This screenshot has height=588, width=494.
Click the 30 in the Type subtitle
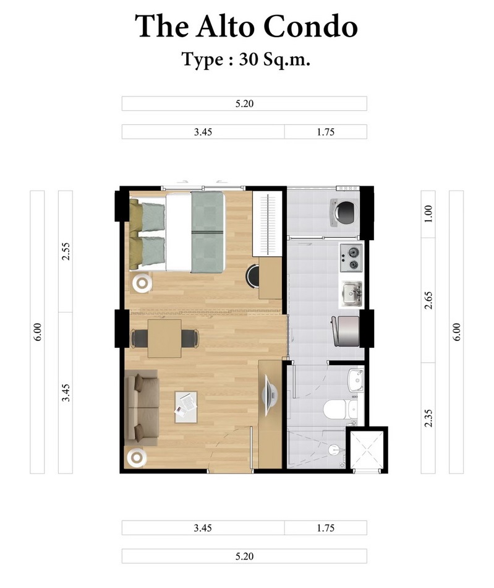tap(248, 59)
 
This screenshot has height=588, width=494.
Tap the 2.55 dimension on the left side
tap(66, 252)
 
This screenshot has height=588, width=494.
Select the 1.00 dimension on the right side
tap(428, 214)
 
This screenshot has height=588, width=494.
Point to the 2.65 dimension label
tap(428, 300)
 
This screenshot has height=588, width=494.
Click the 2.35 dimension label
tap(428, 418)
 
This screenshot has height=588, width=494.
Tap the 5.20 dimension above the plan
tap(244, 103)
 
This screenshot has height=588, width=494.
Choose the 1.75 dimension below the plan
tap(325, 528)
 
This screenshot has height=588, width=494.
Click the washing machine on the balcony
tap(343, 213)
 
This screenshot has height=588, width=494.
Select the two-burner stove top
tap(351, 258)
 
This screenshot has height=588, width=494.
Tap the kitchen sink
tap(352, 293)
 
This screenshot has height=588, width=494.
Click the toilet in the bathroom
tap(339, 410)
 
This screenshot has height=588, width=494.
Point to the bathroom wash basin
tap(356, 379)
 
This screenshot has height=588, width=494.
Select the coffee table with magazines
tap(185, 407)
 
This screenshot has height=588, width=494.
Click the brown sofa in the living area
tap(141, 407)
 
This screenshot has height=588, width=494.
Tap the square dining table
tap(164, 339)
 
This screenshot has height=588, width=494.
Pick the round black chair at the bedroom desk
tap(252, 276)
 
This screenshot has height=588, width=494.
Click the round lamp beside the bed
tap(142, 283)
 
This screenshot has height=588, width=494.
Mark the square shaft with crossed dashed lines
tap(367, 449)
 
